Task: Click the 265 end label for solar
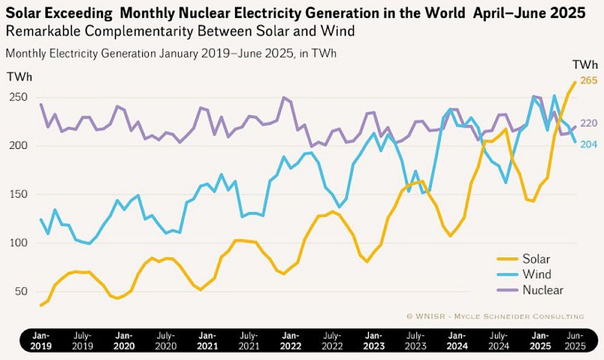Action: pos(589,81)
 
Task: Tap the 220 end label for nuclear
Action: pos(589,123)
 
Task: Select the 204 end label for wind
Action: pos(589,145)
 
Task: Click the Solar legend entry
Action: pos(536,259)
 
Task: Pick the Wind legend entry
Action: pos(537,274)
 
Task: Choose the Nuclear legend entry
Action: pos(543,290)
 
